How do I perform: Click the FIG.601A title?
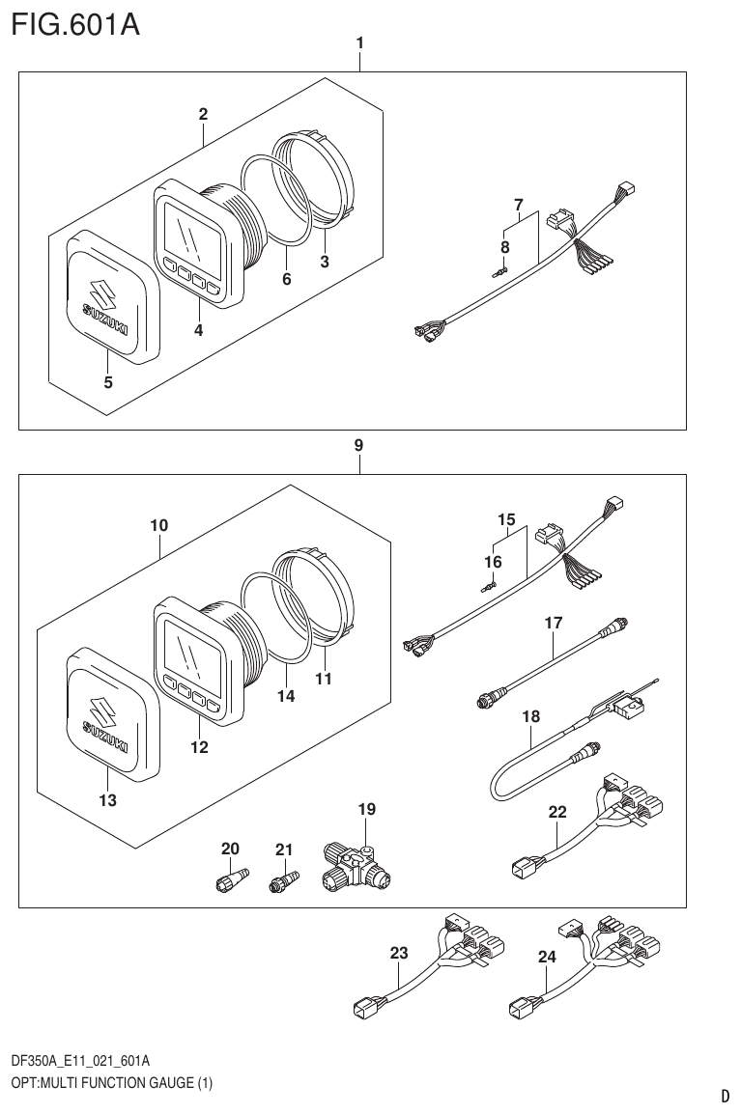coord(75,24)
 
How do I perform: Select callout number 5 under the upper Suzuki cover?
coord(108,382)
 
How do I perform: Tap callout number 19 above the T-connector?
coord(367,808)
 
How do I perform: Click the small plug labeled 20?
coord(228,880)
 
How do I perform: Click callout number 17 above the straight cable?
coord(553,624)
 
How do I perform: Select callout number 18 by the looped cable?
coord(530,717)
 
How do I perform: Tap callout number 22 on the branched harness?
coord(557,813)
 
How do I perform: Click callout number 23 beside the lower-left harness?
coord(399,953)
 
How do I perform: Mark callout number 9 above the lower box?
coord(358,445)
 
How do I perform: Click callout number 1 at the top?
coord(359,42)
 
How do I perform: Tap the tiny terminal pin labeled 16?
coord(489,583)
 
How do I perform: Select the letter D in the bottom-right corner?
coord(725,1096)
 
